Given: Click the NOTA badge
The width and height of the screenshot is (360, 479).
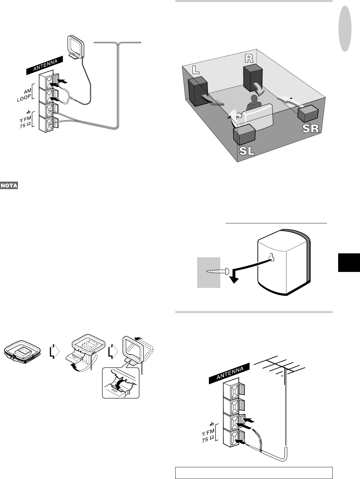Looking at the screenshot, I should (x=9, y=186).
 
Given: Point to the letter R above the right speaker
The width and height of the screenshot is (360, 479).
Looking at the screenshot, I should (x=249, y=58).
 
